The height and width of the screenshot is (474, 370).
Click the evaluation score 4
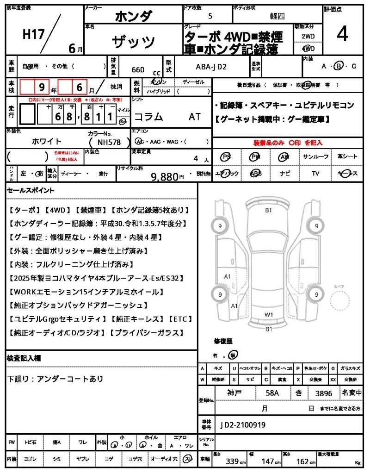(x=342, y=35)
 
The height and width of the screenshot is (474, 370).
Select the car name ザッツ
(x=133, y=41)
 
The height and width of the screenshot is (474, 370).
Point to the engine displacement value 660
(x=138, y=70)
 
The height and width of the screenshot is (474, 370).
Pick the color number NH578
(x=110, y=143)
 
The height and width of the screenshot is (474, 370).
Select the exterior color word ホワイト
(x=47, y=141)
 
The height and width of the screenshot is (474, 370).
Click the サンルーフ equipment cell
(x=316, y=157)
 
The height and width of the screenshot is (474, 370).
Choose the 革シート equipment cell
(x=347, y=157)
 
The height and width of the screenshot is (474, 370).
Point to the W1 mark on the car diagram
(x=269, y=314)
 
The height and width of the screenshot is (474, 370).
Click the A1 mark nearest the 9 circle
(x=228, y=276)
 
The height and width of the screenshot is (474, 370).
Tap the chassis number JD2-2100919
(x=243, y=424)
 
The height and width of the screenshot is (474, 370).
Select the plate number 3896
(x=324, y=393)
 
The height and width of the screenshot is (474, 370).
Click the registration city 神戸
(x=235, y=393)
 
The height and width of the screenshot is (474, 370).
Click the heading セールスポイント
(x=31, y=190)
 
